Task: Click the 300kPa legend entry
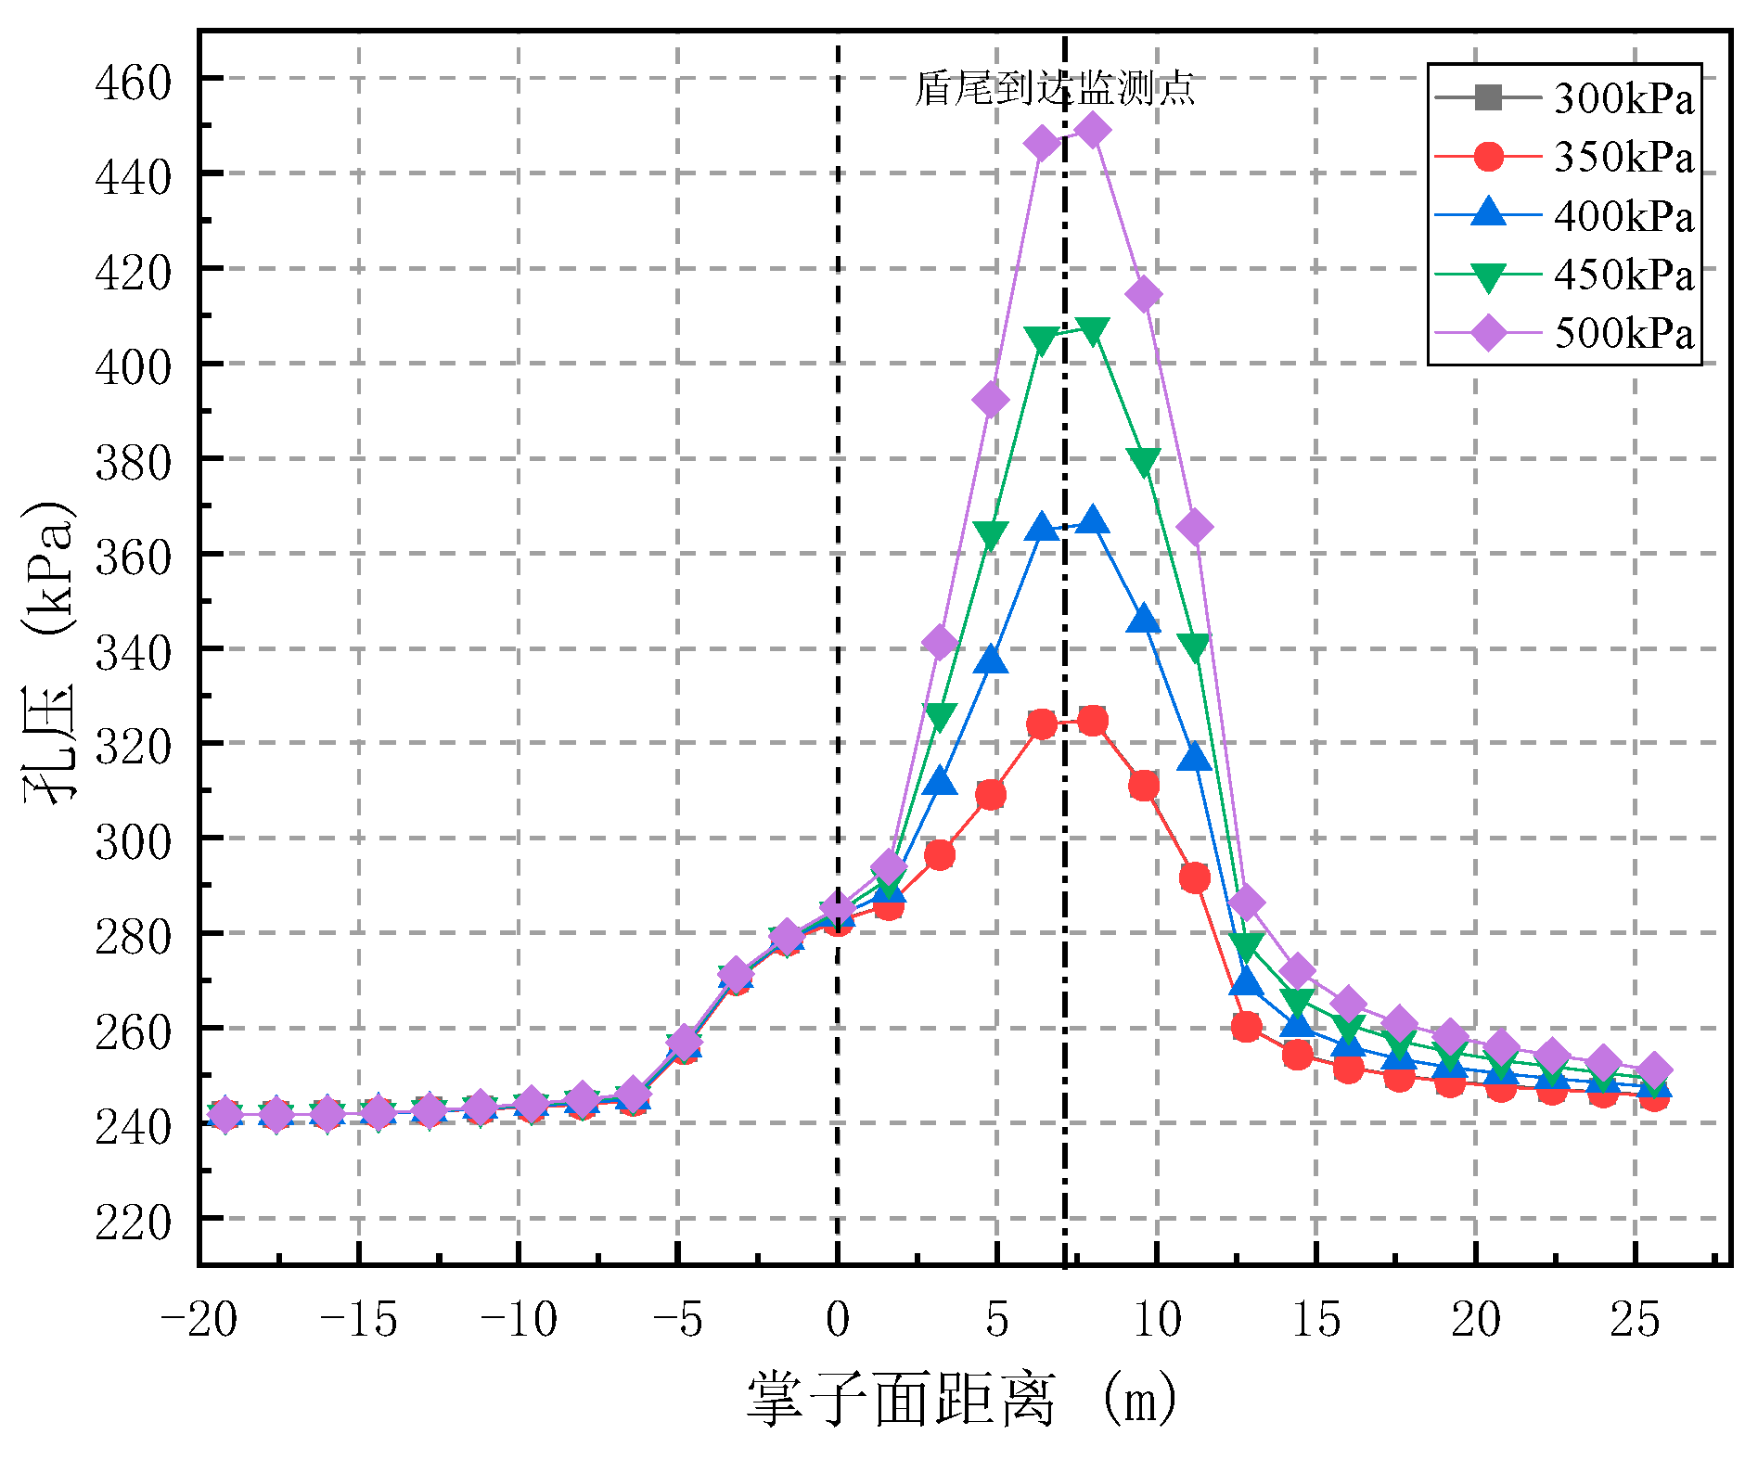[1564, 97]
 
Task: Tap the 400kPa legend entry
[1564, 215]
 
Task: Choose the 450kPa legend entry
[1564, 275]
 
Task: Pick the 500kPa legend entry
[1564, 333]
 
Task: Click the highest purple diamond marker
[1093, 131]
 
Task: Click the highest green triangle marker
[1093, 331]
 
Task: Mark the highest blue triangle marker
[1093, 521]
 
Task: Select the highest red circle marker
[1093, 721]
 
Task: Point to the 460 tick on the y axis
[134, 82]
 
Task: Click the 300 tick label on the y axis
[134, 841]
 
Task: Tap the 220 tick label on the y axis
[134, 1222]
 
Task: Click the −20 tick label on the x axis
[199, 1319]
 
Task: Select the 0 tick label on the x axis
[838, 1319]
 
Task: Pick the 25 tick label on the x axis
[1635, 1319]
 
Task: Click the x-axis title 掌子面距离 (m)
[962, 1400]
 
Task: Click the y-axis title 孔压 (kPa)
[48, 649]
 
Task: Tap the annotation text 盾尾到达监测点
[1054, 89]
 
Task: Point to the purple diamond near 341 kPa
[940, 642]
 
